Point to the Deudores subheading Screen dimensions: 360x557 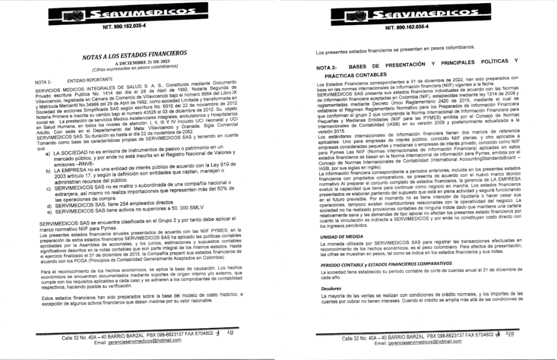coord(331,288)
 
